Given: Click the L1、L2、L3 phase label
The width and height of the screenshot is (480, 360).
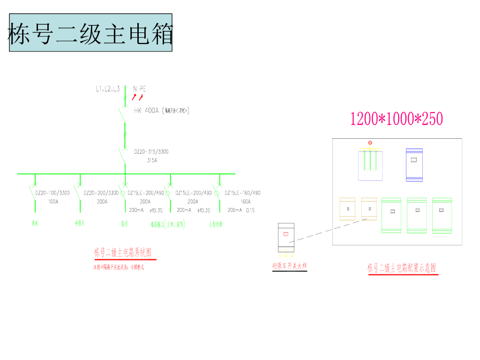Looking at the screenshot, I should (108, 89).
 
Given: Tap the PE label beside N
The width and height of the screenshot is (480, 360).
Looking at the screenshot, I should (142, 89).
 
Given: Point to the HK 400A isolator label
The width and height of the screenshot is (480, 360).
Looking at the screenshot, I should (146, 111).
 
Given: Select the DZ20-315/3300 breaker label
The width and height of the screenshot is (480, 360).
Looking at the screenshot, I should (151, 152).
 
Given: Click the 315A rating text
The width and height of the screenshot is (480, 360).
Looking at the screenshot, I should (152, 160).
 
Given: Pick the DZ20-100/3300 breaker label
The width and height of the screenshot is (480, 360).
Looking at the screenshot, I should (52, 193).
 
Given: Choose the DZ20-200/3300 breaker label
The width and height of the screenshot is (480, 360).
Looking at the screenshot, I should (101, 193).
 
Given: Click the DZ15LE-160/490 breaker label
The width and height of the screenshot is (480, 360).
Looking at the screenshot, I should (242, 193).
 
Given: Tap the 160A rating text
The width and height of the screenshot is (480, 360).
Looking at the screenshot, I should (246, 202).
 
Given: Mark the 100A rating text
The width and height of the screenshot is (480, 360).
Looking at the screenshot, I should (53, 202).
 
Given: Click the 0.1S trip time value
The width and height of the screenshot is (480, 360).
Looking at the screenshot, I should (250, 210).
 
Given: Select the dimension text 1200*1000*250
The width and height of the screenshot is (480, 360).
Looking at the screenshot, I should (397, 119).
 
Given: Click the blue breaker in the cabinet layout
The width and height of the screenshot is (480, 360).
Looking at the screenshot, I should (414, 165).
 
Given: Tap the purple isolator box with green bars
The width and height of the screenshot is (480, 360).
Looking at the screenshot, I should (370, 165).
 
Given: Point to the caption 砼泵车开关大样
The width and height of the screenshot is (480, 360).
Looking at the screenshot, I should (290, 266).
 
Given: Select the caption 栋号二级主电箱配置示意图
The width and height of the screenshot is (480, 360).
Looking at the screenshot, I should (402, 269).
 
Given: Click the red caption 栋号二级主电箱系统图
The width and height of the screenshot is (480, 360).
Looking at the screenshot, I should (123, 253).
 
